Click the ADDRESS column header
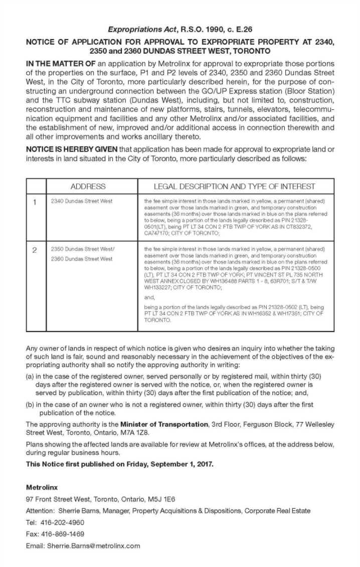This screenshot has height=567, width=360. point(88,186)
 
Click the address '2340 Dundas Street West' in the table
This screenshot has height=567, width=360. point(82,202)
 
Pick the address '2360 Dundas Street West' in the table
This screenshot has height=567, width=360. point(82,259)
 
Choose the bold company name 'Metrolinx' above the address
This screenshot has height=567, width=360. point(42,487)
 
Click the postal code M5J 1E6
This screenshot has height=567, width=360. point(157,499)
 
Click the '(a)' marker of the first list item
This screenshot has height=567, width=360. point(30,376)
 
